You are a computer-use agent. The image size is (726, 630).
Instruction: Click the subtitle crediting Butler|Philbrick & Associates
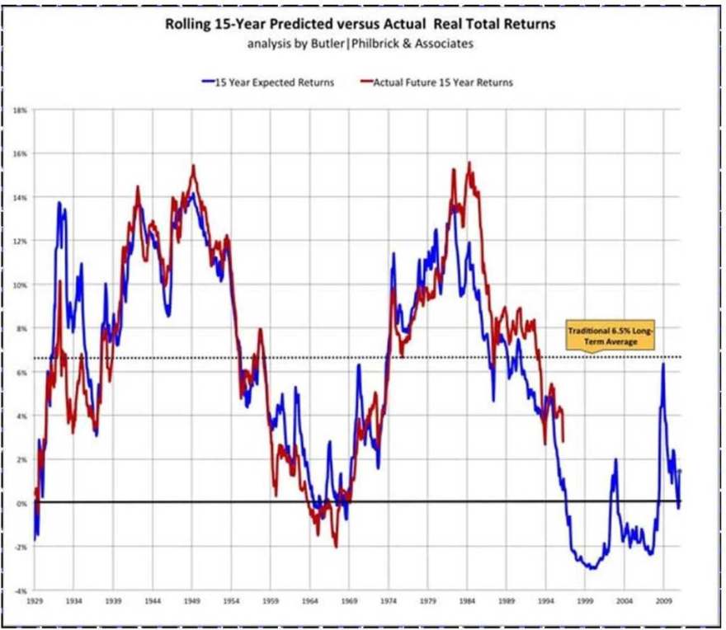tap(361, 44)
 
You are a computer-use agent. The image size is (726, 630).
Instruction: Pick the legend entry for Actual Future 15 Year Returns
tap(437, 82)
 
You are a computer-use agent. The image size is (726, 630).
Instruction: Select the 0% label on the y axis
tap(22, 502)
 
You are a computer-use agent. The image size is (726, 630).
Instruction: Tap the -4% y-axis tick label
tap(21, 590)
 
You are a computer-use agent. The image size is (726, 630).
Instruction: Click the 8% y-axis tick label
tap(22, 328)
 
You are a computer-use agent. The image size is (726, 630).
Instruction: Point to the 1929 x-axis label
tap(34, 602)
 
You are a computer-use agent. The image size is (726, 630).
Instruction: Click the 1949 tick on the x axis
tap(192, 602)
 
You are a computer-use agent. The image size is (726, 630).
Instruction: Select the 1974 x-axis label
tap(389, 602)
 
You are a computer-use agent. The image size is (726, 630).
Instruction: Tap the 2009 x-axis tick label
tap(665, 602)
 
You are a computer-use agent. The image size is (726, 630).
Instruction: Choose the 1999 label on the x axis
tap(586, 602)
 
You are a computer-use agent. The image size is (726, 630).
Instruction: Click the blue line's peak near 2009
tap(662, 364)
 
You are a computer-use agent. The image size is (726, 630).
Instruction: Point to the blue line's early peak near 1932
tap(59, 203)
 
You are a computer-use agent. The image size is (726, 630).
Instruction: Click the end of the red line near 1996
tap(563, 441)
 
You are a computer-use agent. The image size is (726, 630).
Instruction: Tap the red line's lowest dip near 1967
tap(336, 546)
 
